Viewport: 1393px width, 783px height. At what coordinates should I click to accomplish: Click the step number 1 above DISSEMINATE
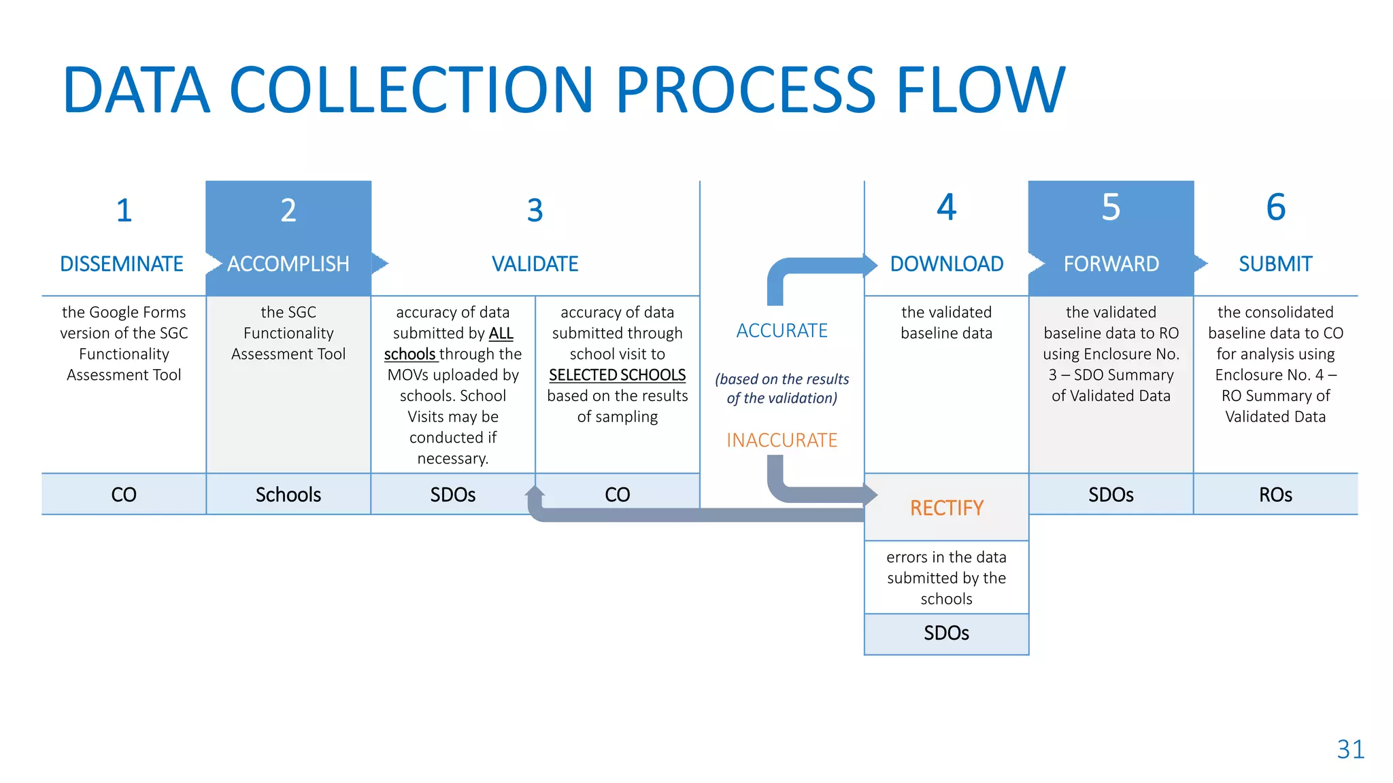click(x=124, y=211)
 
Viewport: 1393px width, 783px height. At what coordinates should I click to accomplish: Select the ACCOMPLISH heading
click(x=288, y=264)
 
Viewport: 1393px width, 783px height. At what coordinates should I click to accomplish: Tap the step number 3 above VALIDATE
click(x=535, y=211)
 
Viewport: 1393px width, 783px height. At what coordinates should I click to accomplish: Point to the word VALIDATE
click(x=535, y=264)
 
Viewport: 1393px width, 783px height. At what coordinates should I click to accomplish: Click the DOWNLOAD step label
click(x=947, y=264)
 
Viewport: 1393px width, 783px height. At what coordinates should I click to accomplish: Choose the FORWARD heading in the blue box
click(x=1111, y=264)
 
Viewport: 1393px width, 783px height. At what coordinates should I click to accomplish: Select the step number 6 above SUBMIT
click(x=1276, y=207)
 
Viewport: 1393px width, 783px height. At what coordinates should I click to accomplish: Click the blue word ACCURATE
click(x=782, y=331)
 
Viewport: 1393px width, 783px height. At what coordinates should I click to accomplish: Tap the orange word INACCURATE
click(x=782, y=440)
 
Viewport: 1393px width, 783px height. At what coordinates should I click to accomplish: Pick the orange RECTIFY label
click(x=947, y=508)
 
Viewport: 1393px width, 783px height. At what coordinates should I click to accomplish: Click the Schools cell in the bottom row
click(x=288, y=495)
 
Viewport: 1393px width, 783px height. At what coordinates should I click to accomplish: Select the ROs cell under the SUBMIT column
click(x=1276, y=495)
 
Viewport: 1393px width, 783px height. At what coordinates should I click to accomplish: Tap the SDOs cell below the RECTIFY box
click(x=947, y=633)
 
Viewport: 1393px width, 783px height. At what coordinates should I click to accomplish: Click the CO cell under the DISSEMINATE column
click(x=124, y=495)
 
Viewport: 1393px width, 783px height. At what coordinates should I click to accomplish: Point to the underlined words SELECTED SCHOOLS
click(x=618, y=375)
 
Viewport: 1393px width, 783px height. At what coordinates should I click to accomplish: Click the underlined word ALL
click(x=501, y=334)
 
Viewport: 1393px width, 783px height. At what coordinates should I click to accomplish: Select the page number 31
click(x=1351, y=750)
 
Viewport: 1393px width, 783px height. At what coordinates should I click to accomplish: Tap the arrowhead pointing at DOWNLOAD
click(x=871, y=265)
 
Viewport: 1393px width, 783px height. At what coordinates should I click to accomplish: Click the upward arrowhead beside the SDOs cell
click(x=535, y=491)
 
